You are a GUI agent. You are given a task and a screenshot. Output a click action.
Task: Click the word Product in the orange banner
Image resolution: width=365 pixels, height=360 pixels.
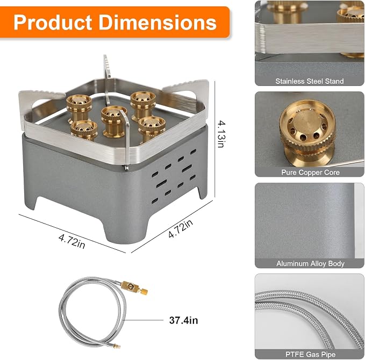pyautogui.click(x=53, y=23)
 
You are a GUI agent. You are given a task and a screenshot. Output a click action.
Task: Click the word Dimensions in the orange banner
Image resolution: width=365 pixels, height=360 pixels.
pyautogui.click(x=158, y=23)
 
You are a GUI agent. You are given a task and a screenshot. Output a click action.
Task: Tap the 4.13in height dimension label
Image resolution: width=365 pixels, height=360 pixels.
pyautogui.click(x=221, y=134)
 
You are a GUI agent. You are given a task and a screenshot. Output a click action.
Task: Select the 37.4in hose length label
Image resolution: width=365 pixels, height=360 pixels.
pyautogui.click(x=183, y=320)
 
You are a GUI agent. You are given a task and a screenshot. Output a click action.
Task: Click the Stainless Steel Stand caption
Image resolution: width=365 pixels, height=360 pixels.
pyautogui.click(x=310, y=81)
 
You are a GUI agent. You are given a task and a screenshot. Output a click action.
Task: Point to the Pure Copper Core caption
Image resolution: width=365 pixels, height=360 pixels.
pyautogui.click(x=310, y=172)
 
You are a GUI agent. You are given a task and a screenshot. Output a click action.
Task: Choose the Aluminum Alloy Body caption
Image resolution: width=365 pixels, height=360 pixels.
pyautogui.click(x=310, y=264)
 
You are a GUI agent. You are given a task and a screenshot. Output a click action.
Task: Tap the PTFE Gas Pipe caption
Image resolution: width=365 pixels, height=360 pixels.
pyautogui.click(x=310, y=355)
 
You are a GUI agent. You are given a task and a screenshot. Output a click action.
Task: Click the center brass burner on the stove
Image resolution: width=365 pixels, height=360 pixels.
pyautogui.click(x=113, y=121)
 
